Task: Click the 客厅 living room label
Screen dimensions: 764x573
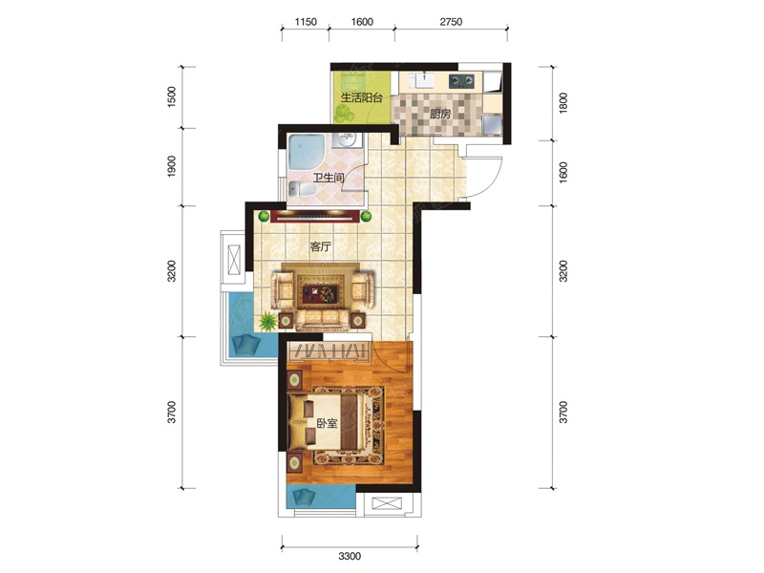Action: point(320,246)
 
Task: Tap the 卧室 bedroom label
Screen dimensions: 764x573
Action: point(327,423)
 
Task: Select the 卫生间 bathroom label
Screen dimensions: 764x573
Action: point(329,178)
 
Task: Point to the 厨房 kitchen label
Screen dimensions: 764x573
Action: point(440,115)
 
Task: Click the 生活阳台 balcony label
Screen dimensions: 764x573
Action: point(362,97)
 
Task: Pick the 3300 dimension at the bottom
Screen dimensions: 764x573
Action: point(350,556)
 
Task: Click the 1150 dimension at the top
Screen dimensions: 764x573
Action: point(306,22)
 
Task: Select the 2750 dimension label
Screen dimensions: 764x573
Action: point(451,22)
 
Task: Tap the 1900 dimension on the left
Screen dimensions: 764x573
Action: point(172,166)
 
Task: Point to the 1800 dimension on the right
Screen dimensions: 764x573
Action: point(563,103)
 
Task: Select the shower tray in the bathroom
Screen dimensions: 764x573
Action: point(307,152)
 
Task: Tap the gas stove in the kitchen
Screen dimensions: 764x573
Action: point(461,80)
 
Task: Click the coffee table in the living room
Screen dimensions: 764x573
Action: point(321,293)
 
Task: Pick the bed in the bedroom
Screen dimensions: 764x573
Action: point(327,422)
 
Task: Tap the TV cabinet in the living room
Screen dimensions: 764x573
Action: point(315,216)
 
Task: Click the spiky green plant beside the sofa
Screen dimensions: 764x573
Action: point(267,321)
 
